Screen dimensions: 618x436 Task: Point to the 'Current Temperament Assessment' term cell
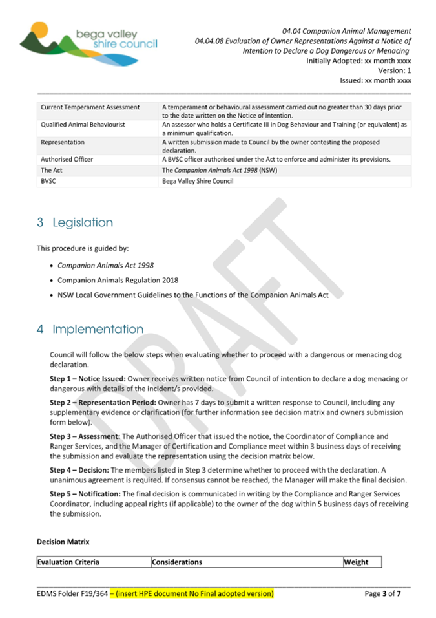(90, 107)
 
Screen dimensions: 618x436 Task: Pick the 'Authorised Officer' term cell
(67, 159)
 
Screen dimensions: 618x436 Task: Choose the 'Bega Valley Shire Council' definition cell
(198, 181)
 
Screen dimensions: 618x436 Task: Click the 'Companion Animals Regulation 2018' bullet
(118, 280)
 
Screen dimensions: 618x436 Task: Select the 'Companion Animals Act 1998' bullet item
(105, 265)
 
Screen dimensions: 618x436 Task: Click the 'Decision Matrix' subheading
(63, 541)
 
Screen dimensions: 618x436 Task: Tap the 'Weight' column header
(356, 562)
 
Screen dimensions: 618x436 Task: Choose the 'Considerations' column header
(177, 562)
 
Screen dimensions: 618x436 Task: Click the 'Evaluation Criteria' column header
(68, 562)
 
